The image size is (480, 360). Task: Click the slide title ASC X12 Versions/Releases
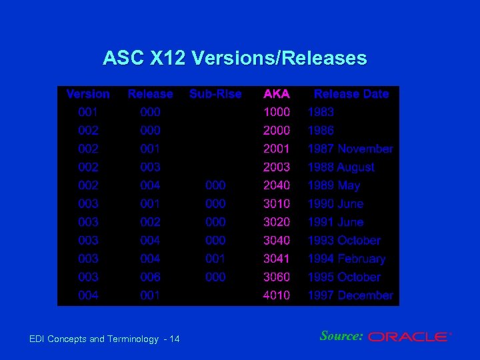235,59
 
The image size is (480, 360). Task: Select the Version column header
88,94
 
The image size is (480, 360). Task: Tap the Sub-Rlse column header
215,94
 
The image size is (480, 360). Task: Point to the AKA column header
277,94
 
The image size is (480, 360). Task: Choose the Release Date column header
351,94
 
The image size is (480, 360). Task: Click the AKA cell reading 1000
277,112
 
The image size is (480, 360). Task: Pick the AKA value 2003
277,167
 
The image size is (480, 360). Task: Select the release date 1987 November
350,149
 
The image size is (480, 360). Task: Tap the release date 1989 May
333,185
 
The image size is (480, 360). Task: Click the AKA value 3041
277,259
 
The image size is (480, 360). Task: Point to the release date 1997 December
350,295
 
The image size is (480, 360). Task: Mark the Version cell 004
88,295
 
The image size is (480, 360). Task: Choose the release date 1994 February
346,259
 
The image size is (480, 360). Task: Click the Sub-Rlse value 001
215,259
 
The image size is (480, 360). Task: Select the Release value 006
150,277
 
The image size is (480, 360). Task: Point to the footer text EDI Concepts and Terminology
94,339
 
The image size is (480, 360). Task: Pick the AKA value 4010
277,295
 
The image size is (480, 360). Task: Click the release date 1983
321,112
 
